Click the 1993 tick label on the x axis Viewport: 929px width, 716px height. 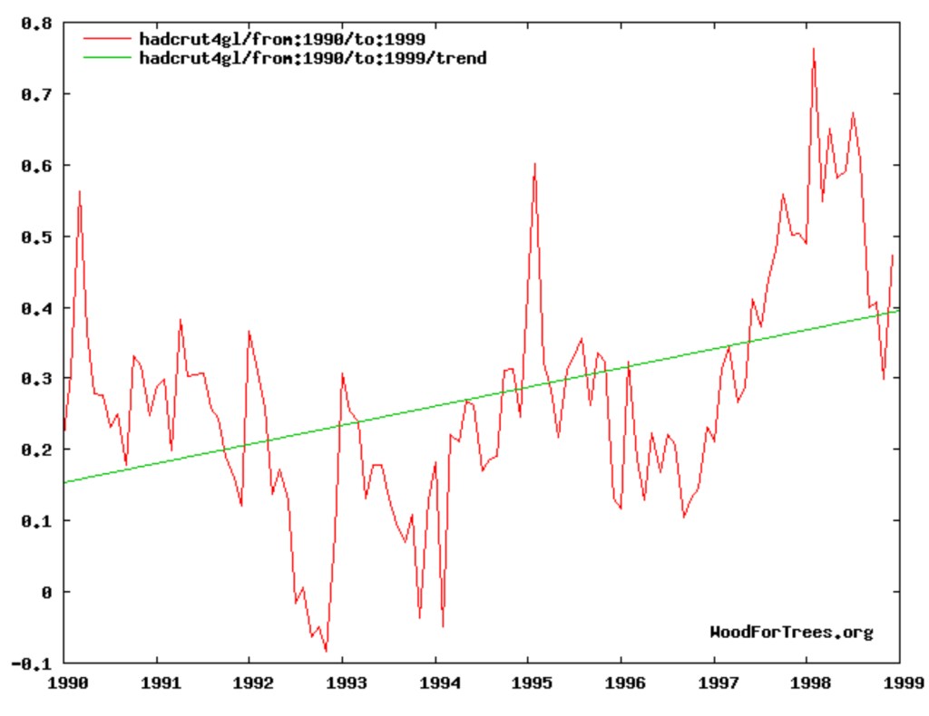(x=342, y=681)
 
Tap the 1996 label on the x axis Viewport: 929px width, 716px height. (x=621, y=681)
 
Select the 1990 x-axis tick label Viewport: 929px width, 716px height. (x=63, y=681)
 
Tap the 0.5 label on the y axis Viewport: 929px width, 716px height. (x=33, y=237)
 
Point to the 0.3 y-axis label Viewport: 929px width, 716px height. (x=33, y=379)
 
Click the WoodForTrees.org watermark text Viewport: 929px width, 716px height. (x=791, y=632)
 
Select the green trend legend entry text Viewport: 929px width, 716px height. (x=312, y=58)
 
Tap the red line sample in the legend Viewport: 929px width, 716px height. (x=107, y=39)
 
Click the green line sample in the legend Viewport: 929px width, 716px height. (x=107, y=58)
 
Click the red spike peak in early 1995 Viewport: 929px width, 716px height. (x=535, y=164)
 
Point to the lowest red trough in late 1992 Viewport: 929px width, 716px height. (x=326, y=651)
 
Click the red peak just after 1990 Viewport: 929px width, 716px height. (x=80, y=191)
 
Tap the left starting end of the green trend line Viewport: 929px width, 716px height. (x=64, y=482)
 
